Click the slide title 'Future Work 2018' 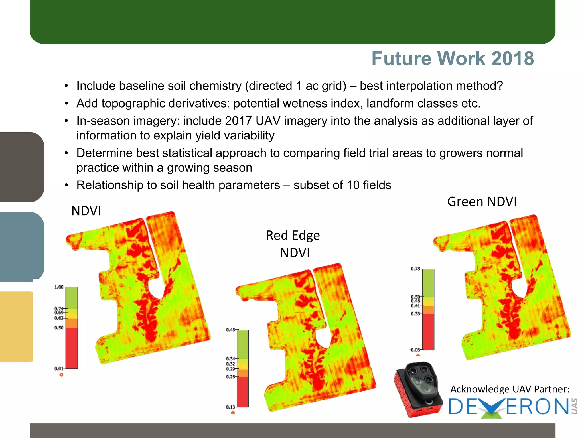point(453,58)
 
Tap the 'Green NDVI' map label point(482,202)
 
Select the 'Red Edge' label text point(293,236)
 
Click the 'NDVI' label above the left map point(86,211)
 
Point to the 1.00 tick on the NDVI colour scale point(59,287)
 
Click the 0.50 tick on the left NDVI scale point(59,328)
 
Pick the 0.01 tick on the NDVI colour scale point(59,368)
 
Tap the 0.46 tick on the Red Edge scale point(231,330)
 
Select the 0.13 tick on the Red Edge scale point(231,407)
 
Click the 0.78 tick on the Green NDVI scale point(415,269)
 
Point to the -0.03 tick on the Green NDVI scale point(415,350)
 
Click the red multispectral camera point(418,389)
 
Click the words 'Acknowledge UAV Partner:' point(510,389)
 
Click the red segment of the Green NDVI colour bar point(428,332)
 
